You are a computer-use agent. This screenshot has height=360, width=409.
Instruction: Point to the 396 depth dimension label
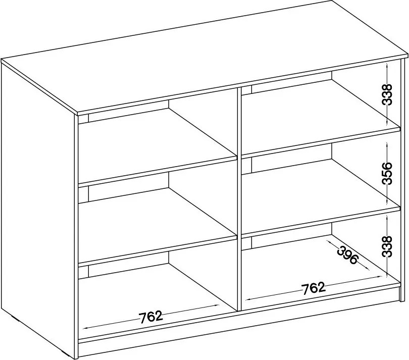[347, 255]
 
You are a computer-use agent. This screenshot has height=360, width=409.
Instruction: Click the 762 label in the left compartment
[150, 317]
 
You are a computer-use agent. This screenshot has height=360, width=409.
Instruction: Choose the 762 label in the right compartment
[314, 288]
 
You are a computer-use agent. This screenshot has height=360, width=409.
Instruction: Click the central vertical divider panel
[239, 198]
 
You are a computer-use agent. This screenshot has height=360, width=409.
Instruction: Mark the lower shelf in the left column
[158, 251]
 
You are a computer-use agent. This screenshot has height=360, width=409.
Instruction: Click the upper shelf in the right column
[321, 143]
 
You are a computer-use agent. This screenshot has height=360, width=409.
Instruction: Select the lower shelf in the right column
[321, 222]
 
